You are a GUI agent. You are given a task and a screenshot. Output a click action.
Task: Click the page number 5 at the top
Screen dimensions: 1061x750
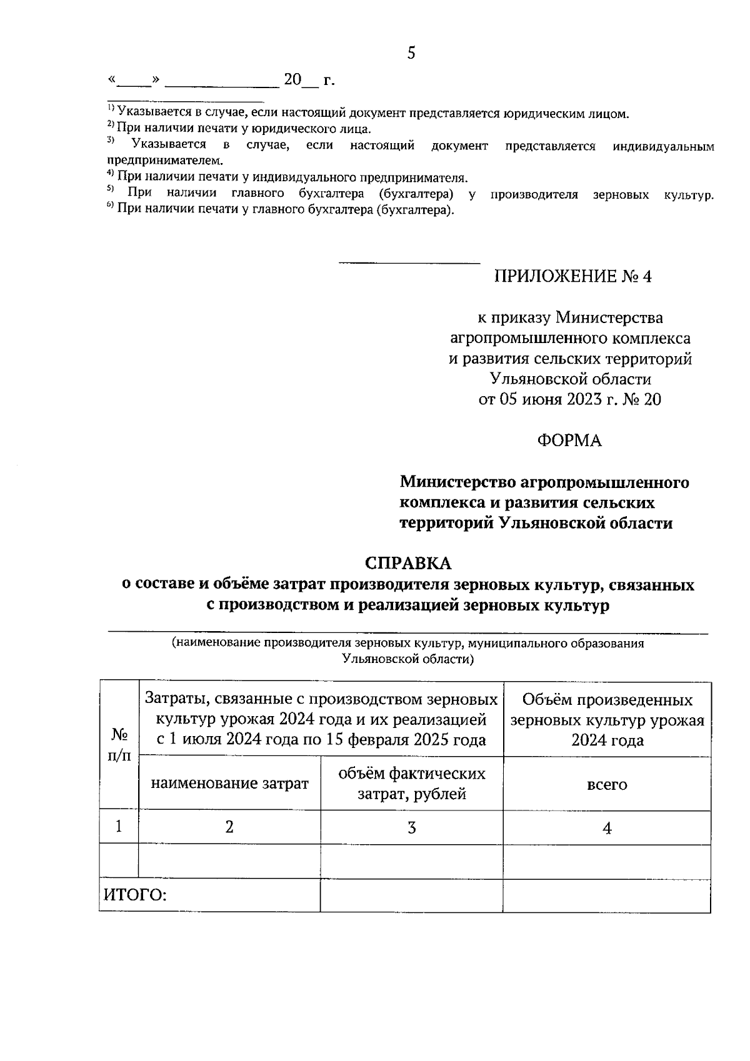411,53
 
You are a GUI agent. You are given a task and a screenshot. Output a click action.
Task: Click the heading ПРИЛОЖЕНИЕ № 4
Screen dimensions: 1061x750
572,277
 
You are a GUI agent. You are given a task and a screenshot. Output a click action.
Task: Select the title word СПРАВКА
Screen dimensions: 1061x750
407,563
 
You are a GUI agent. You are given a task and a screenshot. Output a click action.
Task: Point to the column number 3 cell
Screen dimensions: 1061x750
411,828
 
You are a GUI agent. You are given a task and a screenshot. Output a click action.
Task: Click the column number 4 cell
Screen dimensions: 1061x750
606,828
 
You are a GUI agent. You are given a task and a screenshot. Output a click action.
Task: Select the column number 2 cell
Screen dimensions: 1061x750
229,827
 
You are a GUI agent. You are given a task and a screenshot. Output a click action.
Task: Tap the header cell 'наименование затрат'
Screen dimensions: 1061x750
229,784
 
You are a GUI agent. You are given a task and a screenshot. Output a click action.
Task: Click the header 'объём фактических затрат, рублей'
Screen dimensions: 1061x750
411,784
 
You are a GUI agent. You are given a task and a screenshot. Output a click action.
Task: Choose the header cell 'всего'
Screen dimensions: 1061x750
606,784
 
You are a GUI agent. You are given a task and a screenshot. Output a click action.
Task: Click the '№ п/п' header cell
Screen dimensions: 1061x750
119,745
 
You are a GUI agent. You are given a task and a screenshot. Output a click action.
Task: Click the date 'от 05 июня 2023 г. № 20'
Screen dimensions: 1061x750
569,400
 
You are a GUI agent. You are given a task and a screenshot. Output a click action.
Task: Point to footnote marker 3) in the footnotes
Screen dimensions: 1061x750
110,141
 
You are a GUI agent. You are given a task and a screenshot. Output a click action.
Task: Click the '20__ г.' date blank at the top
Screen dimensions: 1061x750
309,81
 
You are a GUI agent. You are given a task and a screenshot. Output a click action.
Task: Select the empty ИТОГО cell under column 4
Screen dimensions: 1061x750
606,895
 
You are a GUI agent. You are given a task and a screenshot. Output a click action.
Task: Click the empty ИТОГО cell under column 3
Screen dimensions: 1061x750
411,895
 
